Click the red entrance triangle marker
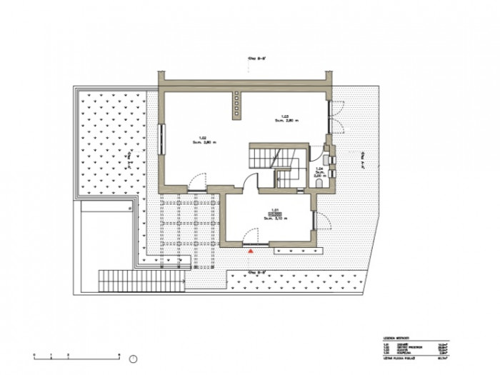pos(251,251)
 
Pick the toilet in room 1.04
pos(319,184)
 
